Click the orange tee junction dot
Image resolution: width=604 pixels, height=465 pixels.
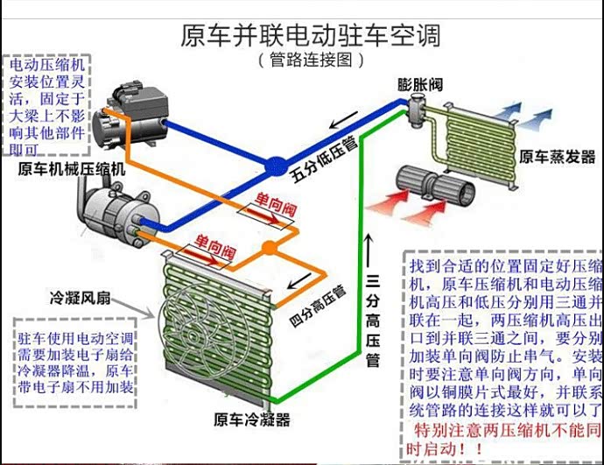270,248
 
